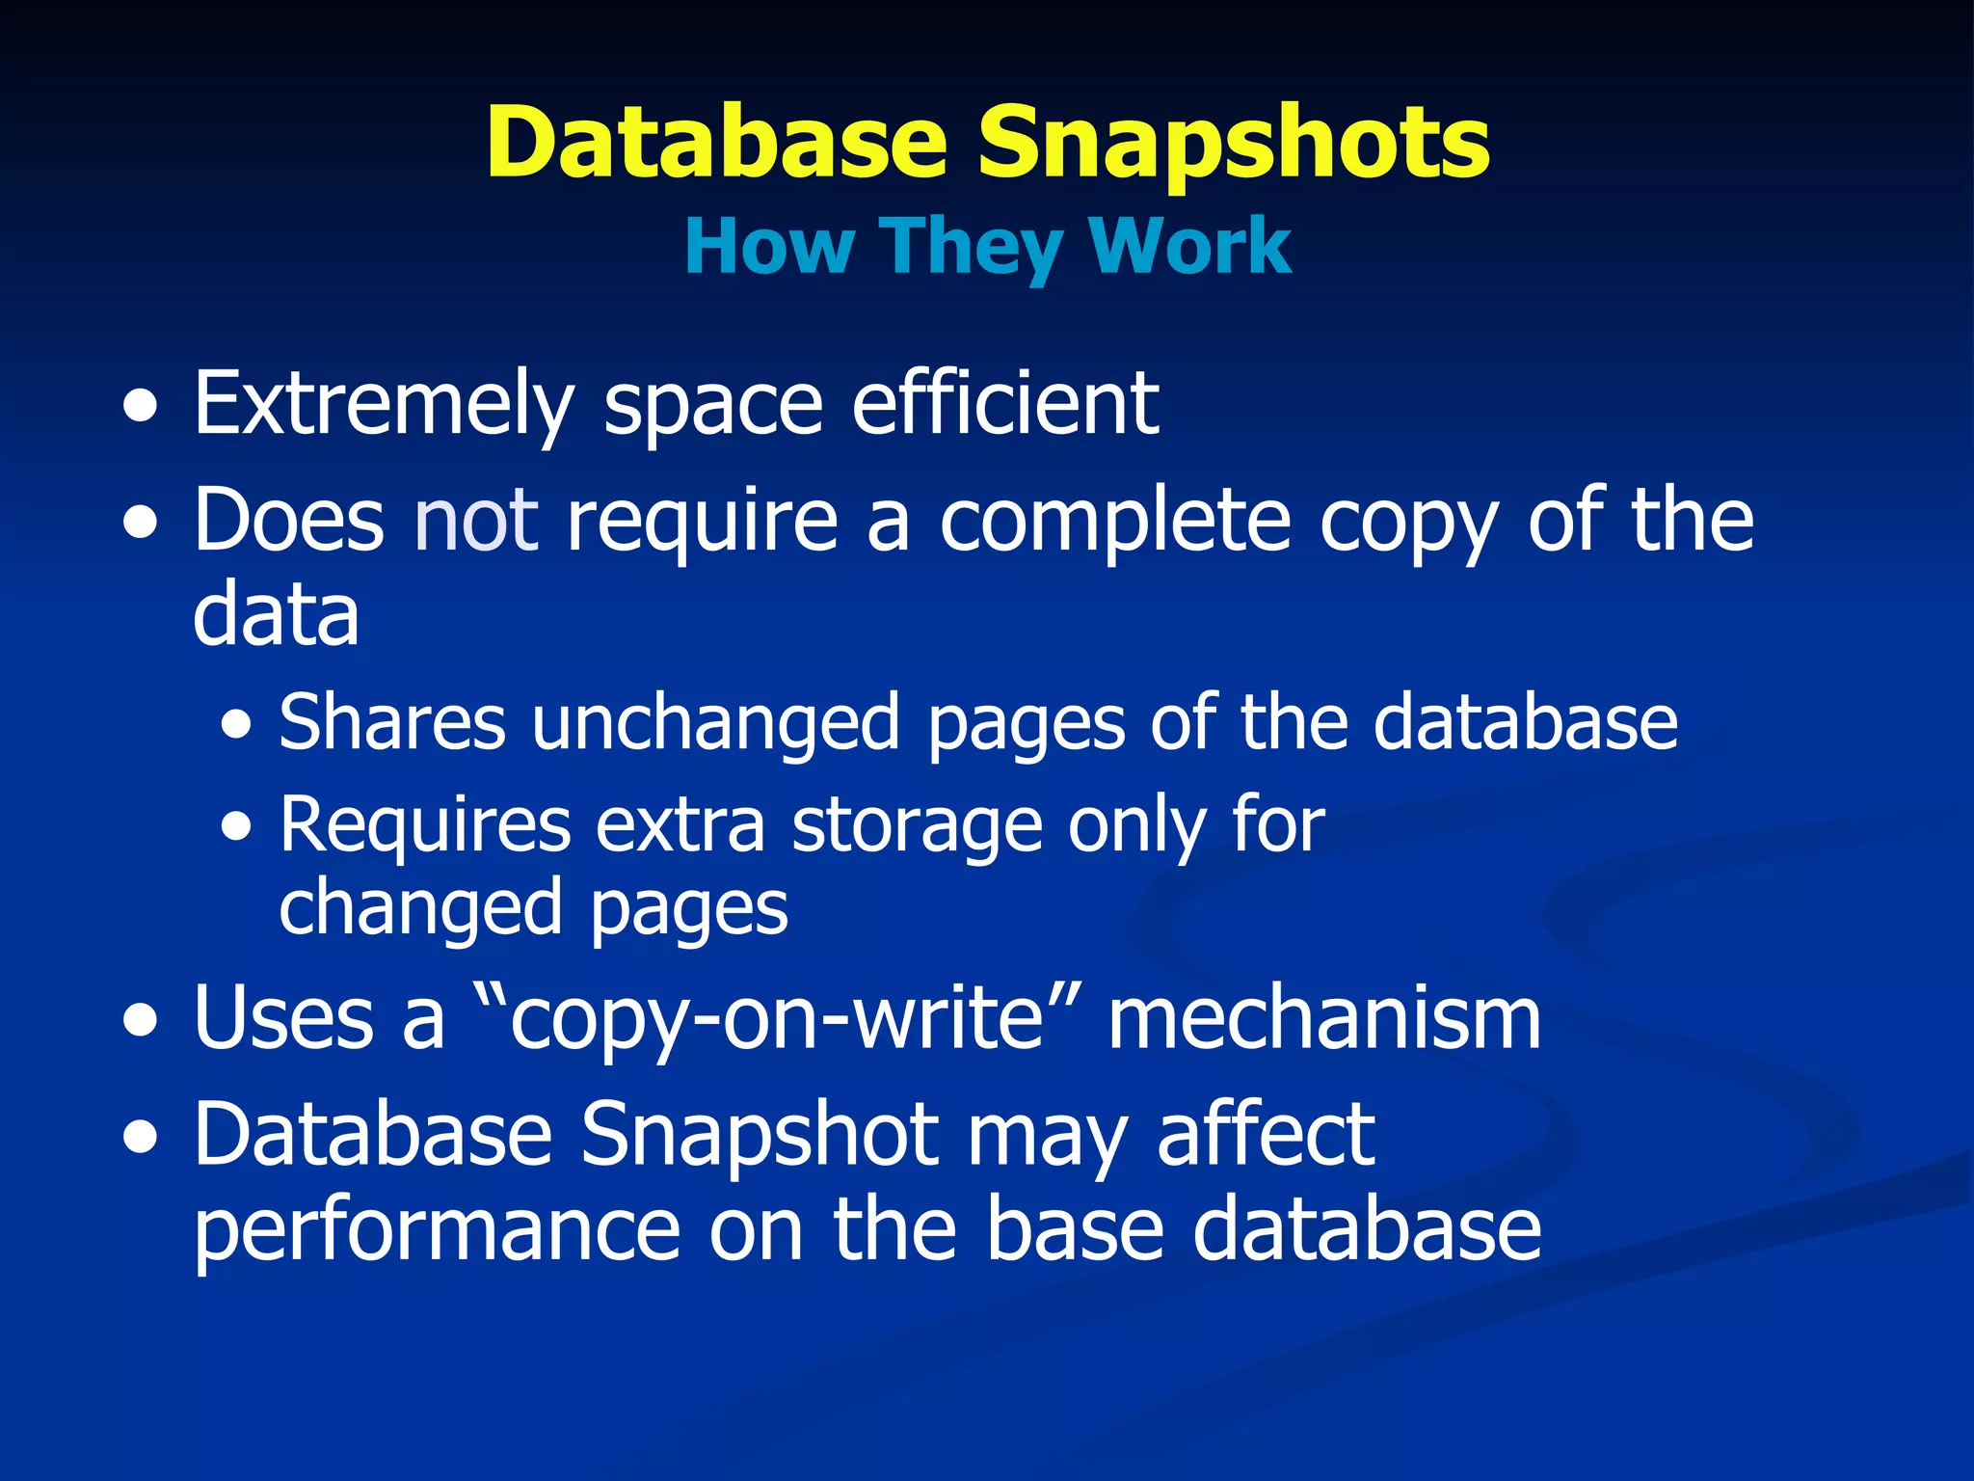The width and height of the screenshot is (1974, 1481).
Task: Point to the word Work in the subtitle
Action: coord(1191,248)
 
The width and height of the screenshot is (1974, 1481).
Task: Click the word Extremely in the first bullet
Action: coord(384,405)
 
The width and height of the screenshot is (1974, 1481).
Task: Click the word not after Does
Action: coord(475,521)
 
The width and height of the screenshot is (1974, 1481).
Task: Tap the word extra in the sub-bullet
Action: coord(680,826)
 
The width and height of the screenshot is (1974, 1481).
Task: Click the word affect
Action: coord(1266,1135)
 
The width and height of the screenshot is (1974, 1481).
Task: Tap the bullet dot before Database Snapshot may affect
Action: coord(141,1139)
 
